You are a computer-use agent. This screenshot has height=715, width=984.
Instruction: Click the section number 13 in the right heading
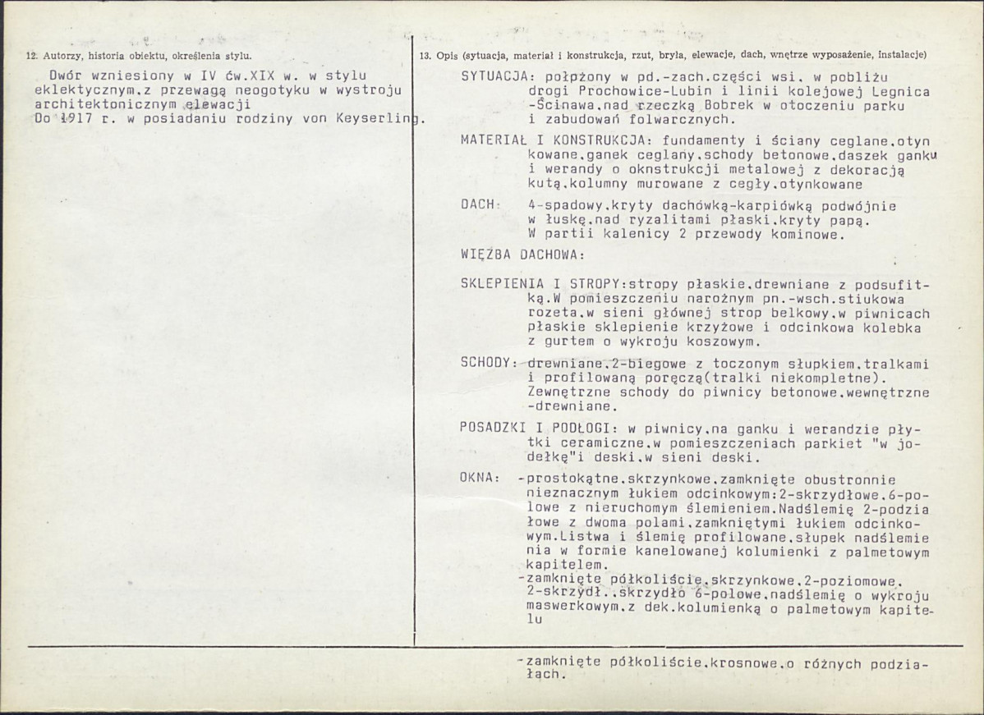[424, 56]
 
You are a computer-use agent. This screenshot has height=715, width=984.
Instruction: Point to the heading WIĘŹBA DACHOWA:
[522, 254]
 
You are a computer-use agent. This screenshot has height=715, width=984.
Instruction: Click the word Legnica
[903, 92]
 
